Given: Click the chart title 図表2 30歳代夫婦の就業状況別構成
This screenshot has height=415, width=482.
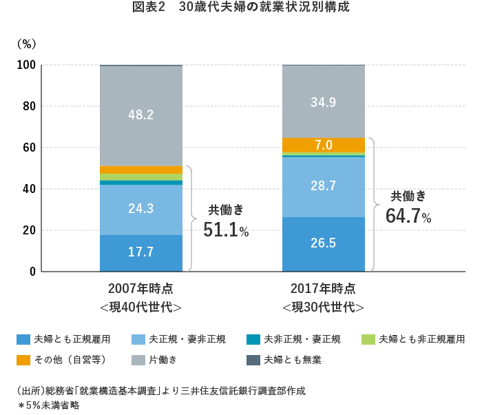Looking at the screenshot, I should (x=241, y=9).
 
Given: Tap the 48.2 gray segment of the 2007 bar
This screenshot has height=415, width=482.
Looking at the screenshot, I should (x=141, y=115).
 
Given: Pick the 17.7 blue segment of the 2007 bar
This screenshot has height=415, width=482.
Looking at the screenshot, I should (x=141, y=252).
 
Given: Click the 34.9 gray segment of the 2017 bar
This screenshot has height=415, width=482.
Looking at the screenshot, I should (x=323, y=102).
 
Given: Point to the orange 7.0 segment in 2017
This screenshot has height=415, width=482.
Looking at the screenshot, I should (x=323, y=145).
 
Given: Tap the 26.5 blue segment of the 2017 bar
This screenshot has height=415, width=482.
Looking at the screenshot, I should (x=323, y=244).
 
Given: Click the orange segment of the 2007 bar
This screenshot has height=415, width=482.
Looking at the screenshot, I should (x=141, y=170).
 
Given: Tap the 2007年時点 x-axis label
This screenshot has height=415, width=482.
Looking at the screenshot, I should (x=141, y=288).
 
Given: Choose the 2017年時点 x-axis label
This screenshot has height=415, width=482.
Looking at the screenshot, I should (x=323, y=288).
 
